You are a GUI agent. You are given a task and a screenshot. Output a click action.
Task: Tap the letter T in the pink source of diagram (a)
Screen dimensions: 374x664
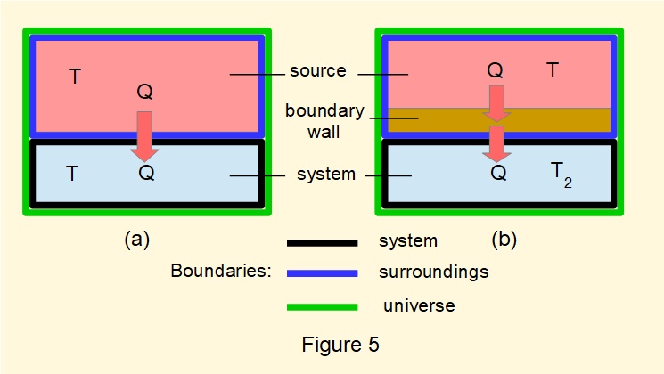[75, 77]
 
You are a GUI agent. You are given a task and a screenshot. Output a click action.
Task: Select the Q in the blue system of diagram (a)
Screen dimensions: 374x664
[146, 173]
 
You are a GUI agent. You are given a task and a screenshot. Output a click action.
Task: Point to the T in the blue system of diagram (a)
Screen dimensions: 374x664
[73, 174]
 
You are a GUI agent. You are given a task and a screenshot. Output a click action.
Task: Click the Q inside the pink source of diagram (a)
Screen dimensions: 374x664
[145, 93]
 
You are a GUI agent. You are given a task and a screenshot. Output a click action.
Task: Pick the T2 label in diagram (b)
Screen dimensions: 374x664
[558, 175]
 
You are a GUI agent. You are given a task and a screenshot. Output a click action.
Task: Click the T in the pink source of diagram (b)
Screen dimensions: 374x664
[553, 70]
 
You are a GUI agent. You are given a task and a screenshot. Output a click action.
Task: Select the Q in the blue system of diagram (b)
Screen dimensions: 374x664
[499, 174]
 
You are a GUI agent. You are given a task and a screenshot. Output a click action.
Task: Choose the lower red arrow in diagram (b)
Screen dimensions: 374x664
[496, 143]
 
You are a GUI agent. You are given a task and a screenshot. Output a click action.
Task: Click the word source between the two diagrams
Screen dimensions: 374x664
[318, 70]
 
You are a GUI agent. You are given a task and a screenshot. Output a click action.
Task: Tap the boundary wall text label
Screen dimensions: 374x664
[324, 121]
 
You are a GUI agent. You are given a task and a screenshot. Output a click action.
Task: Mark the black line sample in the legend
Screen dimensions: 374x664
[321, 241]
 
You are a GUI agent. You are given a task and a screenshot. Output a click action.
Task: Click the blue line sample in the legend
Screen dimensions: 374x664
[321, 273]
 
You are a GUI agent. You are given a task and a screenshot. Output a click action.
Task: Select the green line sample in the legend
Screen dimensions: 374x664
[321, 306]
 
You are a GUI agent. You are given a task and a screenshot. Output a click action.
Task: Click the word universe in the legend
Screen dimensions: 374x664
[419, 305]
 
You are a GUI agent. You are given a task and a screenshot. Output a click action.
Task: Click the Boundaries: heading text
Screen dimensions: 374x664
[220, 272]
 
